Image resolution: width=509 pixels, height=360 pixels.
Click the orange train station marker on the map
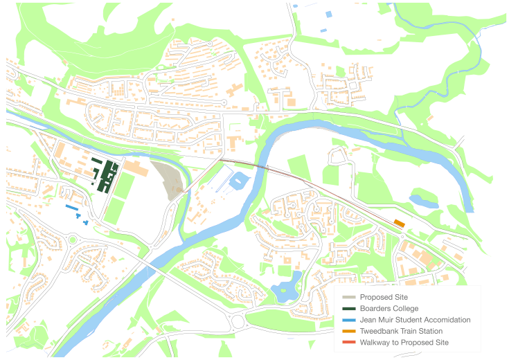point(399,222)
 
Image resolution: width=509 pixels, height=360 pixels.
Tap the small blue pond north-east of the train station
point(420,201)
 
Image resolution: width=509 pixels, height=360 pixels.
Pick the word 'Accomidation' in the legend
point(447,320)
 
